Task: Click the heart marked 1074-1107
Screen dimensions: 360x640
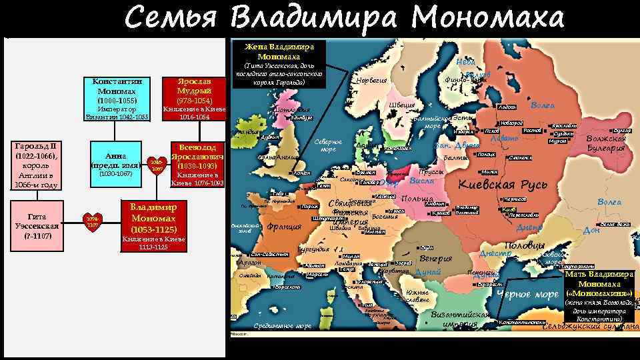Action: [x=92, y=221]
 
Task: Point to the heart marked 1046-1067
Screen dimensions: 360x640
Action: [x=156, y=165]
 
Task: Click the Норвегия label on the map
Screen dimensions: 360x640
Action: [x=372, y=81]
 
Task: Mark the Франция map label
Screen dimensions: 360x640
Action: [x=284, y=227]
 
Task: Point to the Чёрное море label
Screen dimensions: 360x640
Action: [x=527, y=295]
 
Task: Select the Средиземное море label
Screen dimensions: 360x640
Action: [x=283, y=326]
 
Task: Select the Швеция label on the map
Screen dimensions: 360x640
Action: [x=401, y=105]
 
